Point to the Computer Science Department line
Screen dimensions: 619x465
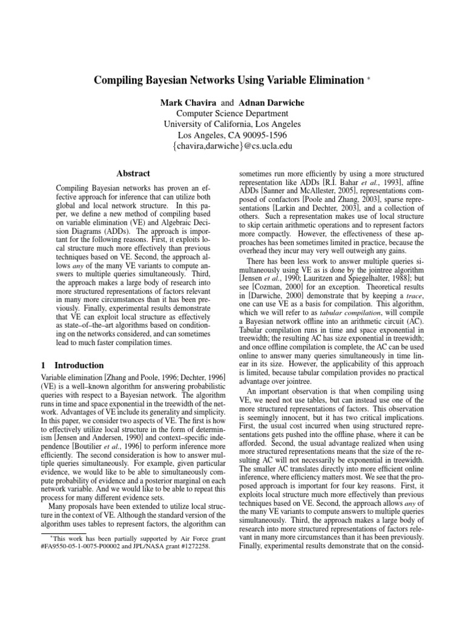[x=232, y=112]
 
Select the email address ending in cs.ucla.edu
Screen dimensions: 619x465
[x=232, y=146]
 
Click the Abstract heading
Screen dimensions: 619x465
[x=133, y=173]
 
